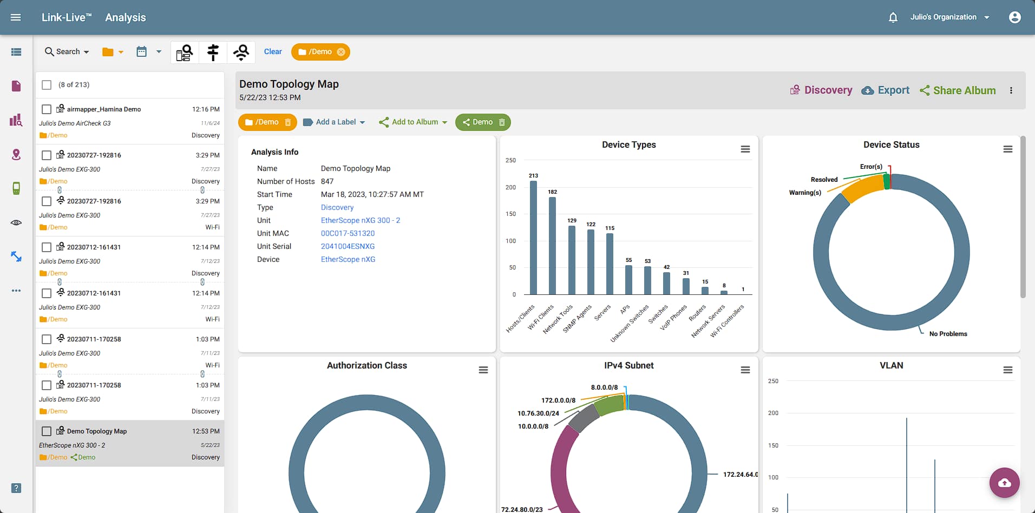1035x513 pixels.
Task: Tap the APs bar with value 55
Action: (628, 279)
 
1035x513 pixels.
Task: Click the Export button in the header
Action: (886, 90)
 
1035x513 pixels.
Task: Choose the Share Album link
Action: (958, 90)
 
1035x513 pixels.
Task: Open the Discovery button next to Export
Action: (821, 90)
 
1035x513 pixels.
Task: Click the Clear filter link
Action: (273, 52)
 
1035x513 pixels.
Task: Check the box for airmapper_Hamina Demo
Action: (47, 109)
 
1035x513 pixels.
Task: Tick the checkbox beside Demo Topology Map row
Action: (47, 431)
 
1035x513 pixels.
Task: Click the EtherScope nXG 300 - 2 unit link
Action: (361, 220)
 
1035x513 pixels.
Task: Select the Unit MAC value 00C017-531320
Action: (348, 233)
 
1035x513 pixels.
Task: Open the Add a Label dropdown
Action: (334, 122)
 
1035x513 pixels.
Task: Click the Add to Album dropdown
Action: (414, 122)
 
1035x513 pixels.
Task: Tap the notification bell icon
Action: (893, 17)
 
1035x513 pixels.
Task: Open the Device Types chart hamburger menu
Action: (745, 149)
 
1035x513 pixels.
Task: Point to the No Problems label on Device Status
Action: (948, 334)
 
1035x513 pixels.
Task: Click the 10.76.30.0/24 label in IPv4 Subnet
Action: (538, 413)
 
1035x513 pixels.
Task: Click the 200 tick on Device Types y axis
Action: (510, 187)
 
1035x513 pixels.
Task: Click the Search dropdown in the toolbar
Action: (67, 52)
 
